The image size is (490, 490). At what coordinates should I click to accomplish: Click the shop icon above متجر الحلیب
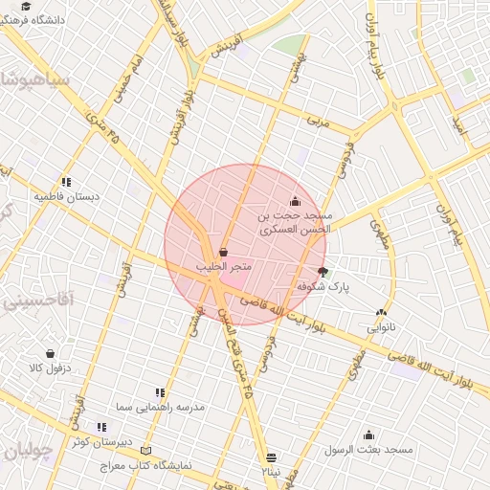pos(223,252)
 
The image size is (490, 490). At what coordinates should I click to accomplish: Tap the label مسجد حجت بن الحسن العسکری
pos(294,223)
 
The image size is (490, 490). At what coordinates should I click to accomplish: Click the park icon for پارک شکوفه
pos(323,272)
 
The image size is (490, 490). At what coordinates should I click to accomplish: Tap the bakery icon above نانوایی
pos(382,312)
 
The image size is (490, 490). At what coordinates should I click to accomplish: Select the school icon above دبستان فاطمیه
pos(66,181)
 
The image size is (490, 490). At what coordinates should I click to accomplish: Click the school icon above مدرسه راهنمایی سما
pos(160,392)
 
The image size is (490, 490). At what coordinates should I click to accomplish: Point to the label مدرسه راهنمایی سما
pos(160,408)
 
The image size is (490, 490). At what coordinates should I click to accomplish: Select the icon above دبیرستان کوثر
pos(100,427)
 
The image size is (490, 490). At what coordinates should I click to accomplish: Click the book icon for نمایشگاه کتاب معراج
pos(145,450)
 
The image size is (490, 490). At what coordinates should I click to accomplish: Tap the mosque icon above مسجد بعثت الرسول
pos(368,434)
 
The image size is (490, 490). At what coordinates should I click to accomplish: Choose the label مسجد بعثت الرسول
pos(368,449)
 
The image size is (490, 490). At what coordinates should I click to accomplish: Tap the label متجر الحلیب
pos(223,266)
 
